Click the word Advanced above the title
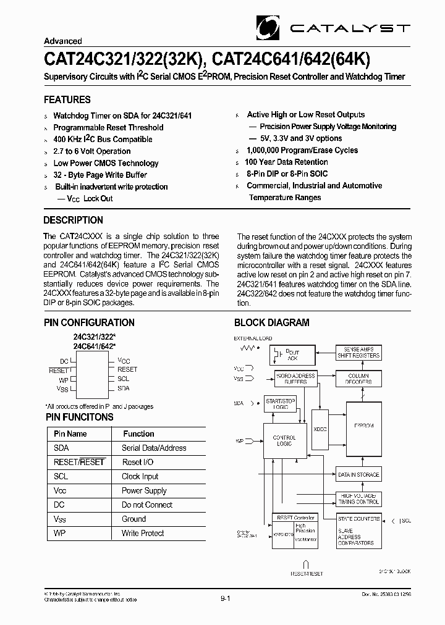coord(63,41)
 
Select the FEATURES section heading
coord(67,100)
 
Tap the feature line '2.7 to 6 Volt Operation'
coord(92,151)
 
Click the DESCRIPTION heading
coord(74,220)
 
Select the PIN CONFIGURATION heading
coord(89,322)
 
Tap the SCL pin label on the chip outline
coord(124,379)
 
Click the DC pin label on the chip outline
coord(64,361)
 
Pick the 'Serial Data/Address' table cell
coord(154,448)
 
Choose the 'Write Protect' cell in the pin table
coord(143,534)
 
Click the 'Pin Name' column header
coord(70,434)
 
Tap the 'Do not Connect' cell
coord(147,505)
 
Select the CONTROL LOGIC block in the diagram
coord(284,441)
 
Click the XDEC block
coord(320,429)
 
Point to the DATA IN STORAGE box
coord(358,475)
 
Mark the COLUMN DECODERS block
coord(358,379)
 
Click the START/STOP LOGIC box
coord(281,404)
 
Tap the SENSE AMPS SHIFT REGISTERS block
coord(358,353)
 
